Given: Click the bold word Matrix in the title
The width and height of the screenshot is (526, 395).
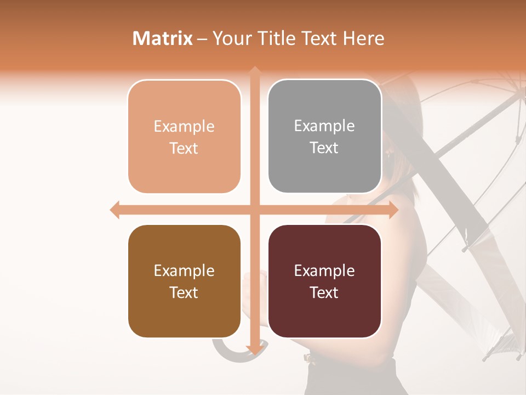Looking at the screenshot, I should pos(163,38).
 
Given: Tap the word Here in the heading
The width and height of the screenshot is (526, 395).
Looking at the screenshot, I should pos(363,38).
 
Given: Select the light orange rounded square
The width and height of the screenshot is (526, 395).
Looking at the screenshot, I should pos(184,137).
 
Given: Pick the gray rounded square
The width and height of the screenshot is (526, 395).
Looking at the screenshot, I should pos(324,137).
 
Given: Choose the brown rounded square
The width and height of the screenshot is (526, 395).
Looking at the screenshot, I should pos(184,281).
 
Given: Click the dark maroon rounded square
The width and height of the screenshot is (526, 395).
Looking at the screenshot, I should pos(324,281).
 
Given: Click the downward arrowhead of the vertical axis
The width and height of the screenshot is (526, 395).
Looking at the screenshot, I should pos(255,349).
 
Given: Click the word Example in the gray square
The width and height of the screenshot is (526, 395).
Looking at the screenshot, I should pos(324,126).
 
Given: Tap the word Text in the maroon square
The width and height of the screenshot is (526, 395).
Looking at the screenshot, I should pos(324,292).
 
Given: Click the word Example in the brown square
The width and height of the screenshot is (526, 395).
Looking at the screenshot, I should pos(184,270).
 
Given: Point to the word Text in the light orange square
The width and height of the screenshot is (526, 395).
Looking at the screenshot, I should pos(184,148).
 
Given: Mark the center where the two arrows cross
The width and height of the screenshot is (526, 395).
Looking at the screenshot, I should pos(255,210).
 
